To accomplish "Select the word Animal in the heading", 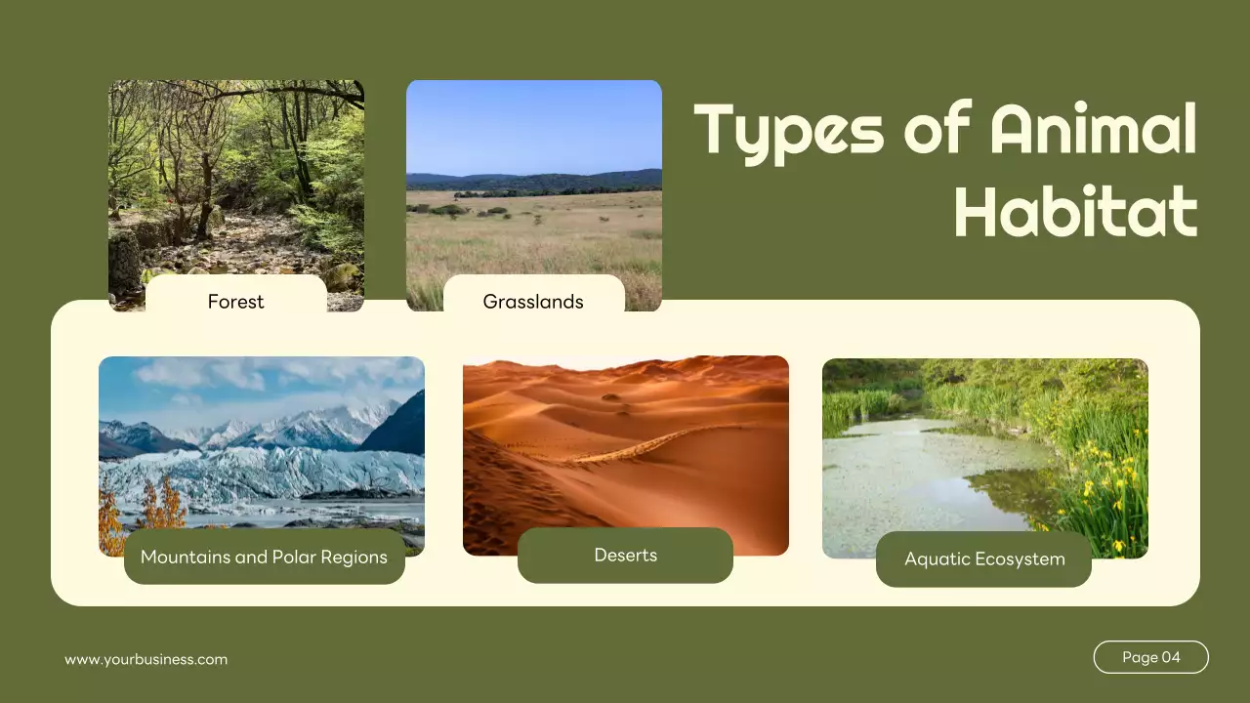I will pos(1093,130).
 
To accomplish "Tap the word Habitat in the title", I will pos(1075,211).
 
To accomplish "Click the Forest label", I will pos(235,302).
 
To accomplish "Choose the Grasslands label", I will pos(533,302).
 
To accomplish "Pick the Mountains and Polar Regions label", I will pos(264,558).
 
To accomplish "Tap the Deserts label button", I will pos(625,556).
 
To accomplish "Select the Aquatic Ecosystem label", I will pos(983,559).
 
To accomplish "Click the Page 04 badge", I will pos(1150,657).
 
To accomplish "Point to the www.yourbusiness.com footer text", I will pos(146,660).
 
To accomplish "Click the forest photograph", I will pos(235,176).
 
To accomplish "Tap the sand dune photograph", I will pos(625,439).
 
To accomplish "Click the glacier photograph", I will pos(261,439).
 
